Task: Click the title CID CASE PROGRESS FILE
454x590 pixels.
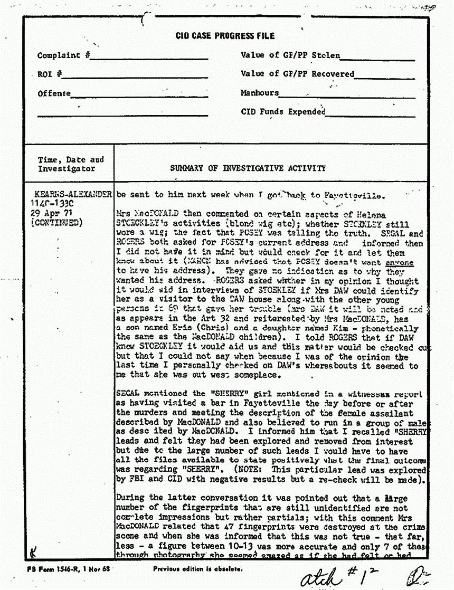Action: pyautogui.click(x=225, y=36)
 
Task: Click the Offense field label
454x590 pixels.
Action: pyautogui.click(x=54, y=93)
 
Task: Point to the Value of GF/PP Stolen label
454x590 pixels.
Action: pyautogui.click(x=290, y=55)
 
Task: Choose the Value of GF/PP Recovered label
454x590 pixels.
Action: pyautogui.click(x=297, y=74)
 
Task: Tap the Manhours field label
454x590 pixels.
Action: pyautogui.click(x=259, y=93)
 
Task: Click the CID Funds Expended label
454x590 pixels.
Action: pyautogui.click(x=283, y=112)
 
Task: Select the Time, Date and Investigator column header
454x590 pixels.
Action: pyautogui.click(x=71, y=164)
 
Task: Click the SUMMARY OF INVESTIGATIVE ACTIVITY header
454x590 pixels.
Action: pyautogui.click(x=248, y=168)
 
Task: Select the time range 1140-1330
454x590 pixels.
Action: pyautogui.click(x=54, y=204)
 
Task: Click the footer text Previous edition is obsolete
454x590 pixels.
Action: pyautogui.click(x=197, y=569)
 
